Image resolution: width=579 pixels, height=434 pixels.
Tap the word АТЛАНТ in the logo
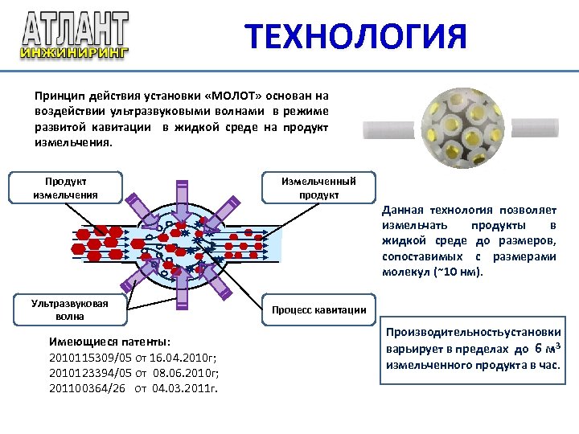tap(75, 30)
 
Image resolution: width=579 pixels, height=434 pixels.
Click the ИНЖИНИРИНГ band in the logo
tap(74, 53)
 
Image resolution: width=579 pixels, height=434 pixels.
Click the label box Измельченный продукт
tap(318, 188)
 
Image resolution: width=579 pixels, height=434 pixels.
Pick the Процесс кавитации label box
tap(318, 309)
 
